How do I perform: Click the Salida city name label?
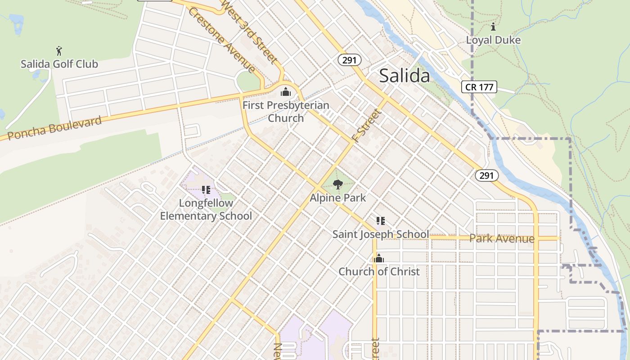pyautogui.click(x=404, y=76)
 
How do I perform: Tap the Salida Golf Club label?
pyautogui.click(x=59, y=64)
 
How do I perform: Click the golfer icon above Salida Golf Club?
pyautogui.click(x=59, y=50)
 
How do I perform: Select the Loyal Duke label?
pyautogui.click(x=493, y=40)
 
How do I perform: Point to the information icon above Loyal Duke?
pyautogui.click(x=493, y=27)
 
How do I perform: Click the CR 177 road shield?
pyautogui.click(x=479, y=87)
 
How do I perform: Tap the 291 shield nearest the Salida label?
pyautogui.click(x=350, y=60)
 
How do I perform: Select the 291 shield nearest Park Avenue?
pyautogui.click(x=486, y=175)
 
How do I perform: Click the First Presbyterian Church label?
pyautogui.click(x=286, y=112)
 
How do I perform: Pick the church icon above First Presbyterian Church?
pyautogui.click(x=285, y=92)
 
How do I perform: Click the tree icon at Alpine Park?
pyautogui.click(x=337, y=184)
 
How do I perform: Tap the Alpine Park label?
pyautogui.click(x=337, y=198)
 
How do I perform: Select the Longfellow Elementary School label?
pyautogui.click(x=206, y=209)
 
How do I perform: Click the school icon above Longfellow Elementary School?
pyautogui.click(x=206, y=190)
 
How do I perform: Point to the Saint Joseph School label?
pyautogui.click(x=380, y=234)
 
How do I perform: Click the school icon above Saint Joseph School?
pyautogui.click(x=381, y=221)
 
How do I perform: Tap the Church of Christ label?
pyautogui.click(x=379, y=271)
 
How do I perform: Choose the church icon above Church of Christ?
pyautogui.click(x=378, y=258)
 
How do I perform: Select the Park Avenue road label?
pyautogui.click(x=502, y=238)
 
